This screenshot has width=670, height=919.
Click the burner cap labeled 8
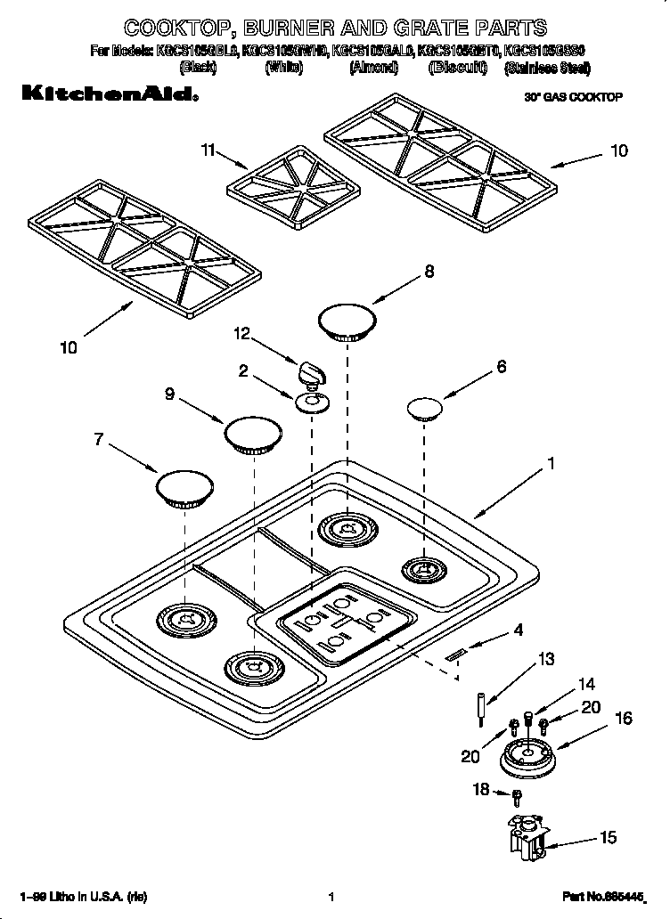tap(347, 321)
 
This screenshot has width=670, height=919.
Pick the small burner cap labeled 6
tap(425, 409)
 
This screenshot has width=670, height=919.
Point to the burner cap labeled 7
tap(185, 490)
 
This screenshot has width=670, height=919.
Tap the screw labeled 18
tap(516, 793)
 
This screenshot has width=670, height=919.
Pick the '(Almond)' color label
tap(373, 68)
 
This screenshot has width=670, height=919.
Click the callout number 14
tap(585, 685)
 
